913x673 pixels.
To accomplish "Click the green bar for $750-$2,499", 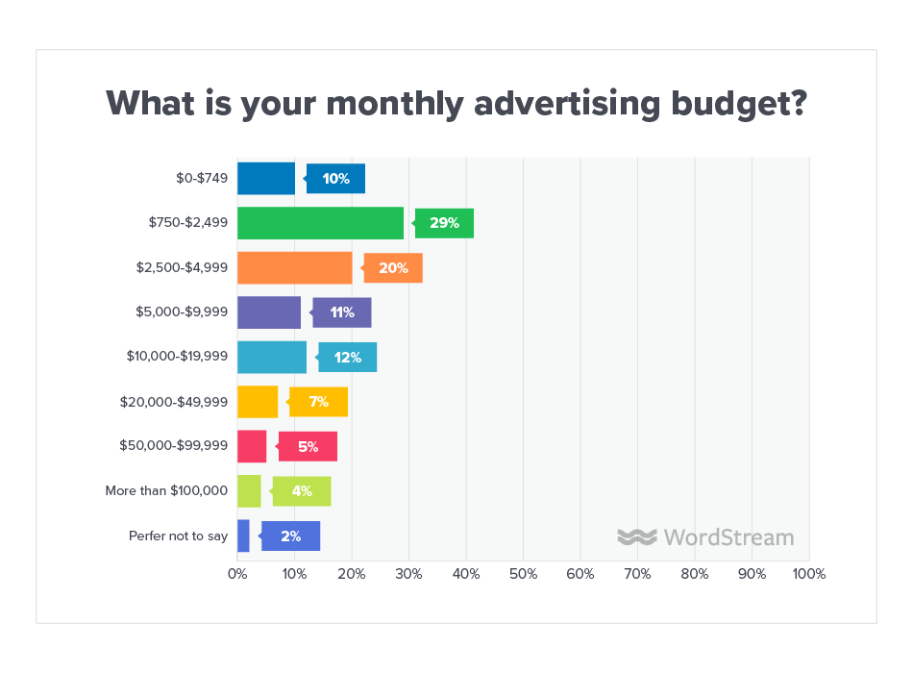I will coord(320,223).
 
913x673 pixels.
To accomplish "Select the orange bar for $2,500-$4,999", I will coord(294,267).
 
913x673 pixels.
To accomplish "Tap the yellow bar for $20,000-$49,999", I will coord(258,402).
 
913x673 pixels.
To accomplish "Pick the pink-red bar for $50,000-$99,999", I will coord(252,446).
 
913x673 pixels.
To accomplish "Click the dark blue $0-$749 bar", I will coord(266,179).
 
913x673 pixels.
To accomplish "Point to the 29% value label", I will coord(444,223).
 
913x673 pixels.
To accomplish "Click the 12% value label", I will coord(348,358).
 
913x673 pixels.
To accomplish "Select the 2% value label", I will coord(291,536).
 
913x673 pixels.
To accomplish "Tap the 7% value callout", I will coord(319,402).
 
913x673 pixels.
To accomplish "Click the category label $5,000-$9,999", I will coord(182,312).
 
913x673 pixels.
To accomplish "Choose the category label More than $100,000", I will coord(166,490).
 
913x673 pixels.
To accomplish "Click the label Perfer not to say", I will coord(178,536).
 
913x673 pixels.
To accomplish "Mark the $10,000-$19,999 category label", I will coord(177,357).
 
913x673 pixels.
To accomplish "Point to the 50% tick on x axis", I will coord(523,574).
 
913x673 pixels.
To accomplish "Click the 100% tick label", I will coord(808,574).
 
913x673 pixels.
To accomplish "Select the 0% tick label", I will coord(237,574).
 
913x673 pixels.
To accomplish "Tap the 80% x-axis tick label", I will coord(695,574).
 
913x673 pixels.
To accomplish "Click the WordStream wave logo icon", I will coord(636,536).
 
